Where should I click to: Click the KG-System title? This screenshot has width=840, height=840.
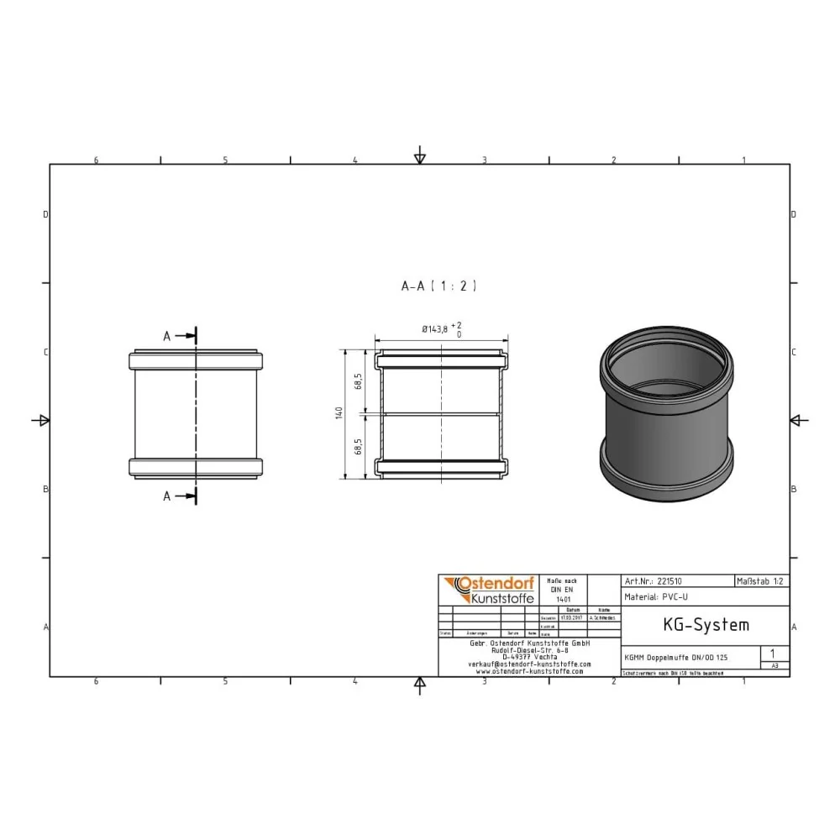(694, 625)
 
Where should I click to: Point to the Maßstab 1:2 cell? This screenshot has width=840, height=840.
(761, 580)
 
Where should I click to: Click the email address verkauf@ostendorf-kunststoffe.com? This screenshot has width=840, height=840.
(529, 664)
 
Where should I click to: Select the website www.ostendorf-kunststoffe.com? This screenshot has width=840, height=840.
(529, 671)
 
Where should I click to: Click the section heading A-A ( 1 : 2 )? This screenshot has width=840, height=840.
(438, 286)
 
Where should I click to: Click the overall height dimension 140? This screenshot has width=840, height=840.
(339, 413)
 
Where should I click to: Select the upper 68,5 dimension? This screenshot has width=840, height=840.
(358, 381)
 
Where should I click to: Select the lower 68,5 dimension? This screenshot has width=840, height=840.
(358, 445)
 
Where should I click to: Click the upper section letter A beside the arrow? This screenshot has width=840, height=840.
(166, 336)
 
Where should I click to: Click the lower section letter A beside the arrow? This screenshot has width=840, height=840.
(166, 496)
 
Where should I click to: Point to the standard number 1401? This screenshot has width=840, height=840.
(563, 599)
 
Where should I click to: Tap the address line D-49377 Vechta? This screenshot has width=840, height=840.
(529, 656)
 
